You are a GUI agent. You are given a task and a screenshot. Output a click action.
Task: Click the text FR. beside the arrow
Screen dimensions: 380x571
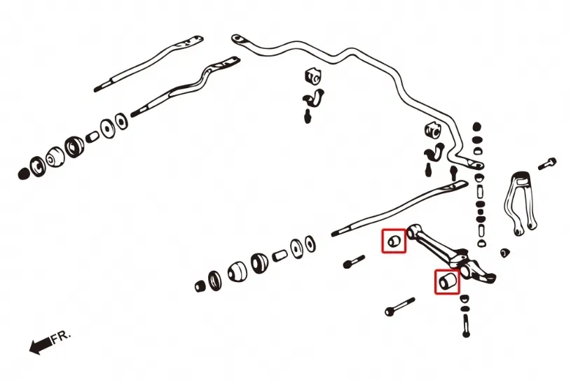point(61,337)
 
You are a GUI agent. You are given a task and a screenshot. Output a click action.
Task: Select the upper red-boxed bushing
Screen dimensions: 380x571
point(394,241)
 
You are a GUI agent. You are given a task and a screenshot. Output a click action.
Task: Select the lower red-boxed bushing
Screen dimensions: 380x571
point(448,281)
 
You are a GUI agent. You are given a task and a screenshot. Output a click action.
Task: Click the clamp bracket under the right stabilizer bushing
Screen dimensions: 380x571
point(435,151)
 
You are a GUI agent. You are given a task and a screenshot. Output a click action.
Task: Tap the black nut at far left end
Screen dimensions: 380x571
point(25,171)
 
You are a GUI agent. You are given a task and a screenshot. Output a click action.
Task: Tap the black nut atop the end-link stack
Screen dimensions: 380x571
point(477,127)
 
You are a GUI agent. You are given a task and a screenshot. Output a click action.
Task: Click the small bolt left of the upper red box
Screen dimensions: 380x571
point(353,262)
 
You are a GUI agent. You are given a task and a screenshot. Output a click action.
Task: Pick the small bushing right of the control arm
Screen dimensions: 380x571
point(504,251)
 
